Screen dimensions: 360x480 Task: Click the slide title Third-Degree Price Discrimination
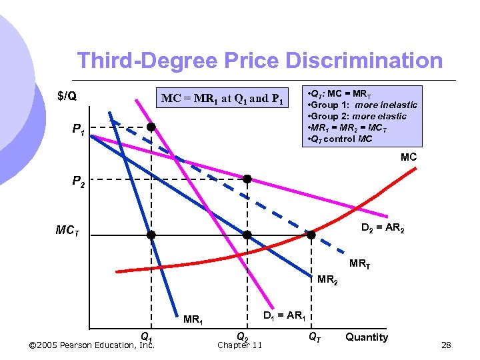(x=259, y=61)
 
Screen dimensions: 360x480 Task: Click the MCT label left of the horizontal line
(x=68, y=232)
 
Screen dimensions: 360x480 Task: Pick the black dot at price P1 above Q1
(x=151, y=127)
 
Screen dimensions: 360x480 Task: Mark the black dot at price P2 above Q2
(x=247, y=179)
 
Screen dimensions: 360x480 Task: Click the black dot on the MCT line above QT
(x=311, y=235)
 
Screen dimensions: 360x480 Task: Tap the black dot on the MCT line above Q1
(x=151, y=235)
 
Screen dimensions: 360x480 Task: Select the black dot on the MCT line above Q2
(x=247, y=235)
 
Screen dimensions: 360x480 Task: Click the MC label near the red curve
(x=409, y=157)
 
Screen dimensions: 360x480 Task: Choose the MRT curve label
(x=359, y=263)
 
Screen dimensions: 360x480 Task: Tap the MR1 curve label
(x=193, y=319)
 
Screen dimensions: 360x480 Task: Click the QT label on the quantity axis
(x=314, y=337)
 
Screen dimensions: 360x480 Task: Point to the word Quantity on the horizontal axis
(x=367, y=337)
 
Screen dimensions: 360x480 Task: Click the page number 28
(x=446, y=345)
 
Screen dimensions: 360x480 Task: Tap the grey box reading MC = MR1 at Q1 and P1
(x=223, y=99)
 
